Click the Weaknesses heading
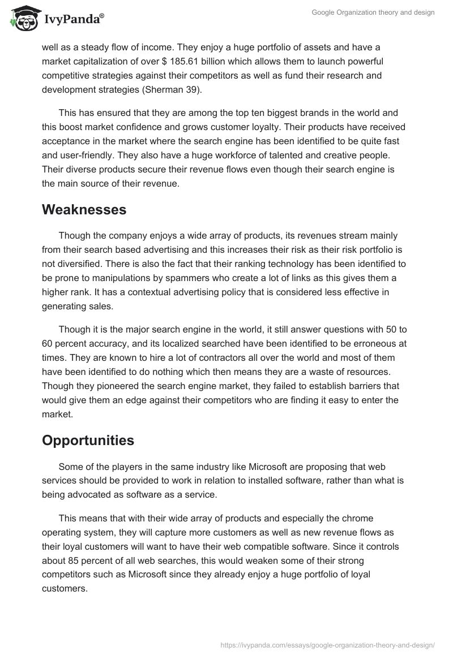(x=84, y=210)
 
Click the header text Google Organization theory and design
(x=373, y=12)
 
